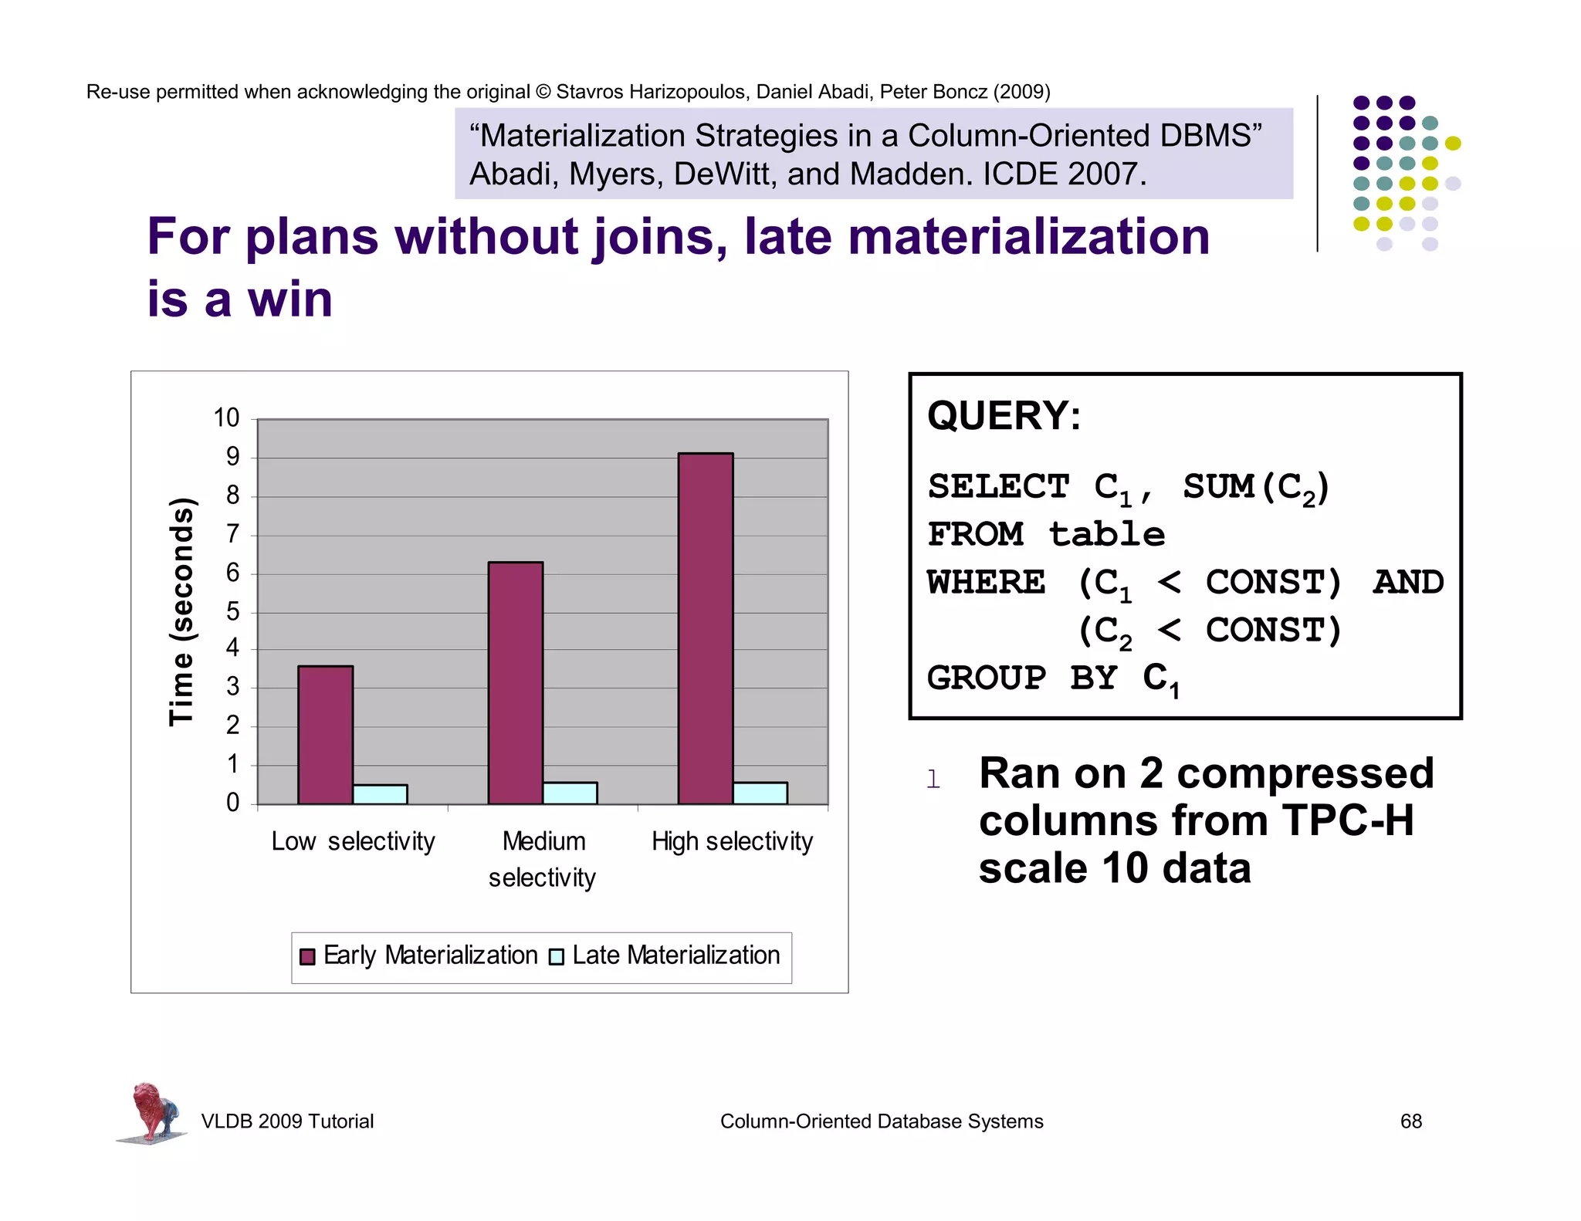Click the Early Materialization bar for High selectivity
706,628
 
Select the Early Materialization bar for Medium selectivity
515,682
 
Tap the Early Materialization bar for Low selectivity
325,735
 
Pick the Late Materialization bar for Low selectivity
380,794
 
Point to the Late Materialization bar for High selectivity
760,793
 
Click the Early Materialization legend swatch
307,956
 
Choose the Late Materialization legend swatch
556,956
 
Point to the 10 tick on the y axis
226,418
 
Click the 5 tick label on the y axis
232,612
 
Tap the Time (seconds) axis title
181,611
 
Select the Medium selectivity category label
543,859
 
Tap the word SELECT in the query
997,487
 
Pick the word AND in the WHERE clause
1407,583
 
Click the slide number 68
1410,1121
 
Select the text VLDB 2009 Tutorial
287,1121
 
